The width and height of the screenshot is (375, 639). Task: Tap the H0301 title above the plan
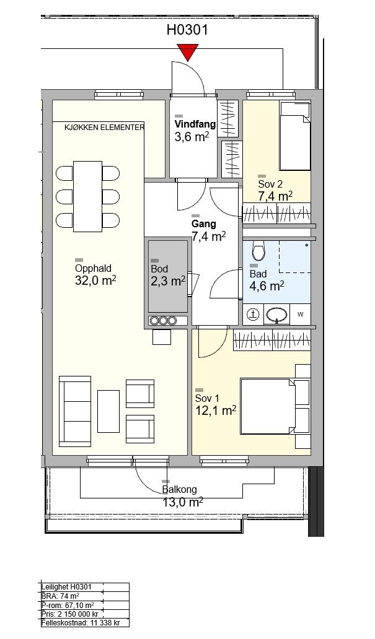point(187,30)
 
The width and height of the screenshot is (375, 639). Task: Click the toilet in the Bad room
point(258,250)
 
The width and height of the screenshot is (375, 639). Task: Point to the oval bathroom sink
point(277,315)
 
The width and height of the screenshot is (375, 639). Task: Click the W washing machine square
point(301,314)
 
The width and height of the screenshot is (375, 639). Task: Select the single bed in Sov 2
point(295,136)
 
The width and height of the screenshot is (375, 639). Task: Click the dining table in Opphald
point(88,196)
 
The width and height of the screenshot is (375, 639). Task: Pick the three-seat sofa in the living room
point(75,411)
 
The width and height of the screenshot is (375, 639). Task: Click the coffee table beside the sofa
point(108,411)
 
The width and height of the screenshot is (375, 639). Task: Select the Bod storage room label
point(159,269)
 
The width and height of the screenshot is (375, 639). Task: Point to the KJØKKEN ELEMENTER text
point(105,127)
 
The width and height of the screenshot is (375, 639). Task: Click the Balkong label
point(180,489)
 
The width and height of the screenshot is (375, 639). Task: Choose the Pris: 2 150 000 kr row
point(70,614)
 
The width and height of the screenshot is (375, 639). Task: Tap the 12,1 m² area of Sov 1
point(216,411)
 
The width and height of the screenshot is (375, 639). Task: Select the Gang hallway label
point(204,224)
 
